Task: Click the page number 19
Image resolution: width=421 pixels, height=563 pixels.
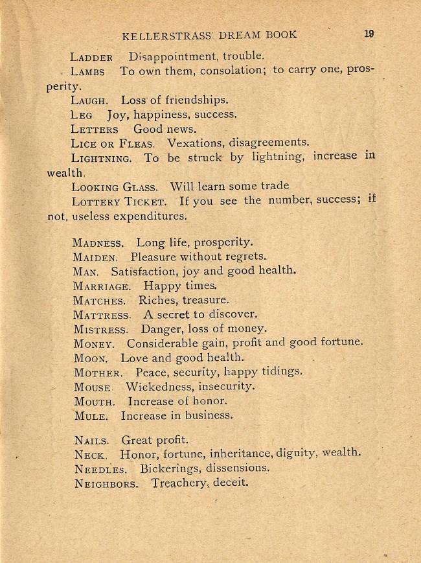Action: [x=369, y=34]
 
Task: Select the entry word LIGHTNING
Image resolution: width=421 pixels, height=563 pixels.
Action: [x=102, y=157]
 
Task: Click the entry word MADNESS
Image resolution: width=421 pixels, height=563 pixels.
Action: [x=98, y=244]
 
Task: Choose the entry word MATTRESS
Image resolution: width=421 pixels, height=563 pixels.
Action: [x=101, y=316]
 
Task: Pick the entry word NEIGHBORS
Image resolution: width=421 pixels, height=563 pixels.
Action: [x=106, y=483]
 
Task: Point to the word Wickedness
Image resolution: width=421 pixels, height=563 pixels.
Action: [x=160, y=387]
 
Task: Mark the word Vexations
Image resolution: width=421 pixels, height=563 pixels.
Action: [x=196, y=142]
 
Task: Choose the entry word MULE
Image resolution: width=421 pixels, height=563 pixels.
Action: [x=91, y=416]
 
